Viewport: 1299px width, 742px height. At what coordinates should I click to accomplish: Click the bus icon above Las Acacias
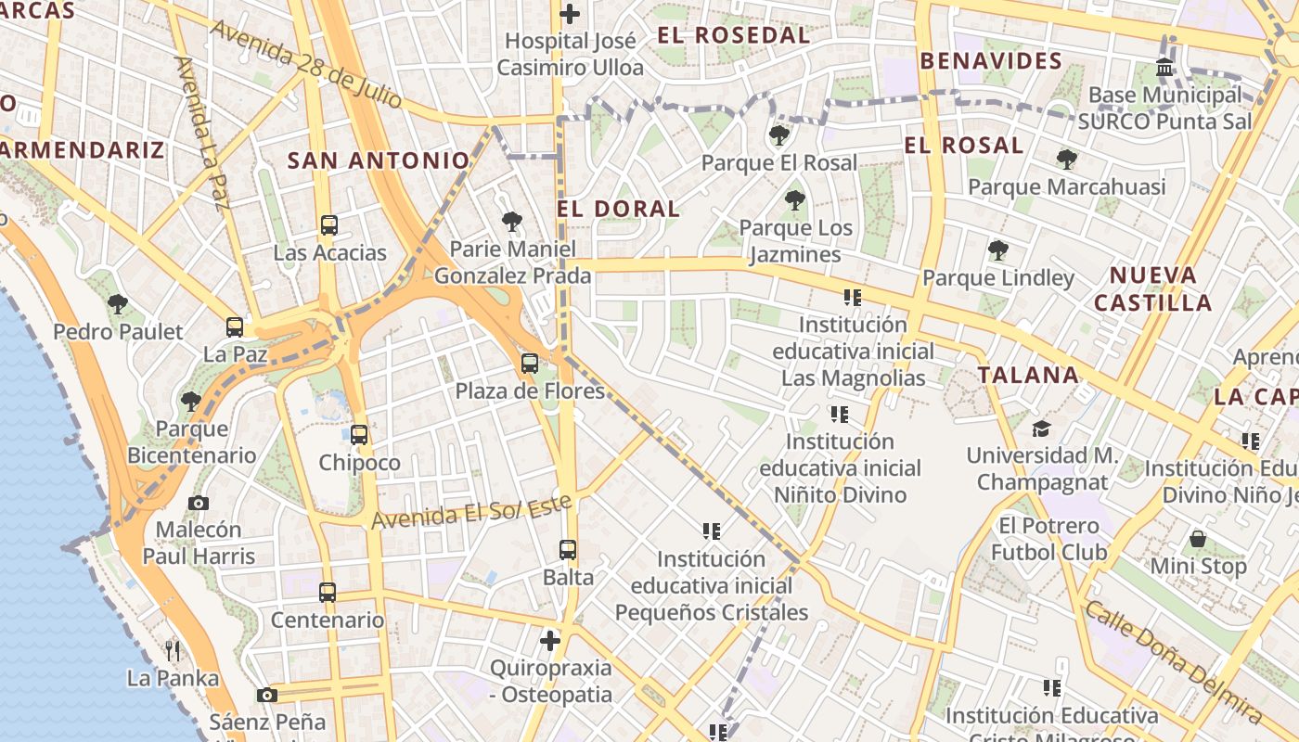328,224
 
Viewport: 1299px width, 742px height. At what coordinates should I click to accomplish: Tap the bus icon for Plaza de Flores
530,364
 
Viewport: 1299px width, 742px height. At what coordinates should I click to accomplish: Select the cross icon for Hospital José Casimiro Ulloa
570,14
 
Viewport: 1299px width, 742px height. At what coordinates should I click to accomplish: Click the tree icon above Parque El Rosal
779,135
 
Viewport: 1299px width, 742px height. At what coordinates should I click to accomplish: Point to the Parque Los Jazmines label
795,241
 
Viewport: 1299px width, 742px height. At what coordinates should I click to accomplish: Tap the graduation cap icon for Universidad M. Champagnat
1041,429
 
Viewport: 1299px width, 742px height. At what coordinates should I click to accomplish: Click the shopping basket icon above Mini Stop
1198,539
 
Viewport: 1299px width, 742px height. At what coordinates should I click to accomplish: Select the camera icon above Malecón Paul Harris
198,503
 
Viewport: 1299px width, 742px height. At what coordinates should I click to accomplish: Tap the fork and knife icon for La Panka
173,650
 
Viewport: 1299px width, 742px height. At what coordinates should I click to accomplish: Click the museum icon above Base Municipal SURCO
1164,68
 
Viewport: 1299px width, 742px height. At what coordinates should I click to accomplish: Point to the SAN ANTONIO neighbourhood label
379,160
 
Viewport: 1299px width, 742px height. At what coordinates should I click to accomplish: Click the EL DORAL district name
618,209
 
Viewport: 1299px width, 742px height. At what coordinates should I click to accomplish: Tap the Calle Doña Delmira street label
1173,661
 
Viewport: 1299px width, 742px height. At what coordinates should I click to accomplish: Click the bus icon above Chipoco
359,434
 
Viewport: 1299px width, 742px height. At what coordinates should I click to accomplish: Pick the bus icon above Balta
568,549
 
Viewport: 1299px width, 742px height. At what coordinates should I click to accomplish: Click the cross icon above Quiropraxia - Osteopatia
550,640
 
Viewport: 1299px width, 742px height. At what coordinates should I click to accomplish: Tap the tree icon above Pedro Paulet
117,303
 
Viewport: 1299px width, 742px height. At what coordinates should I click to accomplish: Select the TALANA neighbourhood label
1028,376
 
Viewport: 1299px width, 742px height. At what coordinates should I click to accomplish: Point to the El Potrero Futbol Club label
1048,539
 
